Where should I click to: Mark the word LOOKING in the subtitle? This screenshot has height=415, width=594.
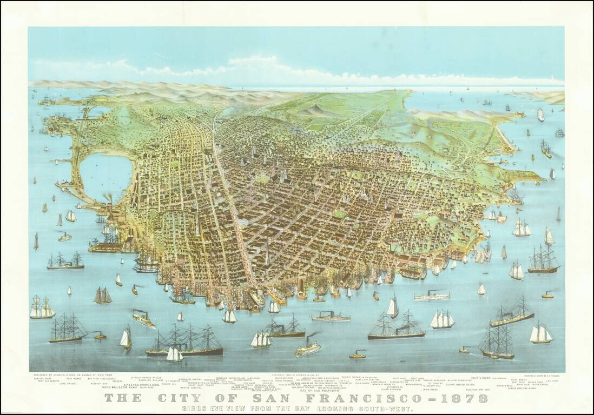point(334,409)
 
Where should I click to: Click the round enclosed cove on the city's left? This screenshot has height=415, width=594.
point(106,177)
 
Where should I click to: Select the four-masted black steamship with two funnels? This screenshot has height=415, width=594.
point(184,342)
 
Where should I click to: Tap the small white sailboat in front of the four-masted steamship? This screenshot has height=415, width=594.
point(174,354)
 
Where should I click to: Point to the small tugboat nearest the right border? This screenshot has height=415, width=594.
point(547,295)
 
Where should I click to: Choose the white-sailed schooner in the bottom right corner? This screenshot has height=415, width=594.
point(540,333)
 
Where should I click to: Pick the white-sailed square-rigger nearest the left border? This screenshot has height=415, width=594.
point(42,308)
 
